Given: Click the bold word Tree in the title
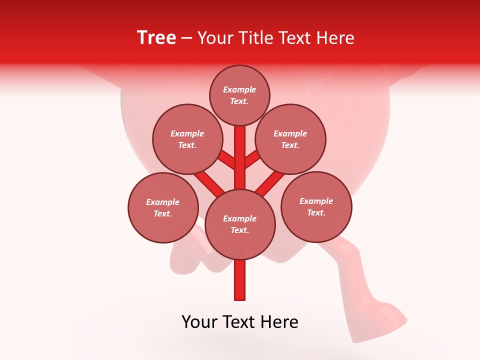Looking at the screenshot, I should pos(156,38).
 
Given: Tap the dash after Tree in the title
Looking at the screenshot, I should pos(186,38).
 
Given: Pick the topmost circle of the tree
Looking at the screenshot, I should pos(239,95).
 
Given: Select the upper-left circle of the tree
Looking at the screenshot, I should pos(187,139).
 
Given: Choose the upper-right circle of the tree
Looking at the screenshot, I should pos(290,139).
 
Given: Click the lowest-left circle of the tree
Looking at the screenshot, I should pos(163,207).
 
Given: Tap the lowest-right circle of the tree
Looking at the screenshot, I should pos(316,206).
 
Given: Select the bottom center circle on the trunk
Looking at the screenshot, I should pos(240,224).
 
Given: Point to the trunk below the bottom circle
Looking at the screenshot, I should pos(240,280).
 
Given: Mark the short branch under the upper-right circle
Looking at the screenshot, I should pos(252,160).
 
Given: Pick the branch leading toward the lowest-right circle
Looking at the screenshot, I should pos(270,183).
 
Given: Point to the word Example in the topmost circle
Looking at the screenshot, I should pos(239,89).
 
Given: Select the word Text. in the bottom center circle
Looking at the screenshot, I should pos(239,230).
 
